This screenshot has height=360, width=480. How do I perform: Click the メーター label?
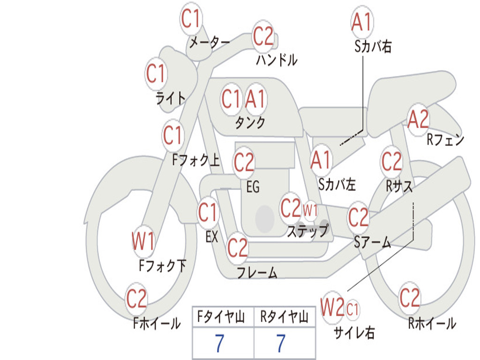(210, 43)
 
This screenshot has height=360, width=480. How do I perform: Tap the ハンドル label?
(277, 60)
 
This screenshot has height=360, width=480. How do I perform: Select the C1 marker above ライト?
(156, 74)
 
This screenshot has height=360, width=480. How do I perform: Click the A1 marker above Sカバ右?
(362, 22)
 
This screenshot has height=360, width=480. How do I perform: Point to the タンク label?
(250, 122)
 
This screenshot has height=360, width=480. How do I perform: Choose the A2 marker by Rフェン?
(418, 119)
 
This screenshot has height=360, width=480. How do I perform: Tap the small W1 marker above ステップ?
(310, 210)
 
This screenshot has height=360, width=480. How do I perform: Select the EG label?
(253, 187)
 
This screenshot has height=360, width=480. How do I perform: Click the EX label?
(212, 237)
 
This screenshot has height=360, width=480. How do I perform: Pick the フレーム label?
(257, 272)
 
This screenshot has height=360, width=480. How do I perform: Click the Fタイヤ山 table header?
(221, 317)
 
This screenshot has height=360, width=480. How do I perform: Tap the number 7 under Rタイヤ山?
(281, 344)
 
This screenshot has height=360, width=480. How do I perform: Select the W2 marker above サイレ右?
(332, 307)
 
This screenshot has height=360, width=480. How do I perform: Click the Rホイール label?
(432, 323)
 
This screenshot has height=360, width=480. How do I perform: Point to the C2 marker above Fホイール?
(136, 299)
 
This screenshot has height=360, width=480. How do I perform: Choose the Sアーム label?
(373, 242)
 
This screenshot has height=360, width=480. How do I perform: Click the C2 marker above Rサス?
(391, 161)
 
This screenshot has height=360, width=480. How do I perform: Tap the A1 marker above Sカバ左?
(321, 160)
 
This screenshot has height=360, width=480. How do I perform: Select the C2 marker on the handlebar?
(263, 36)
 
